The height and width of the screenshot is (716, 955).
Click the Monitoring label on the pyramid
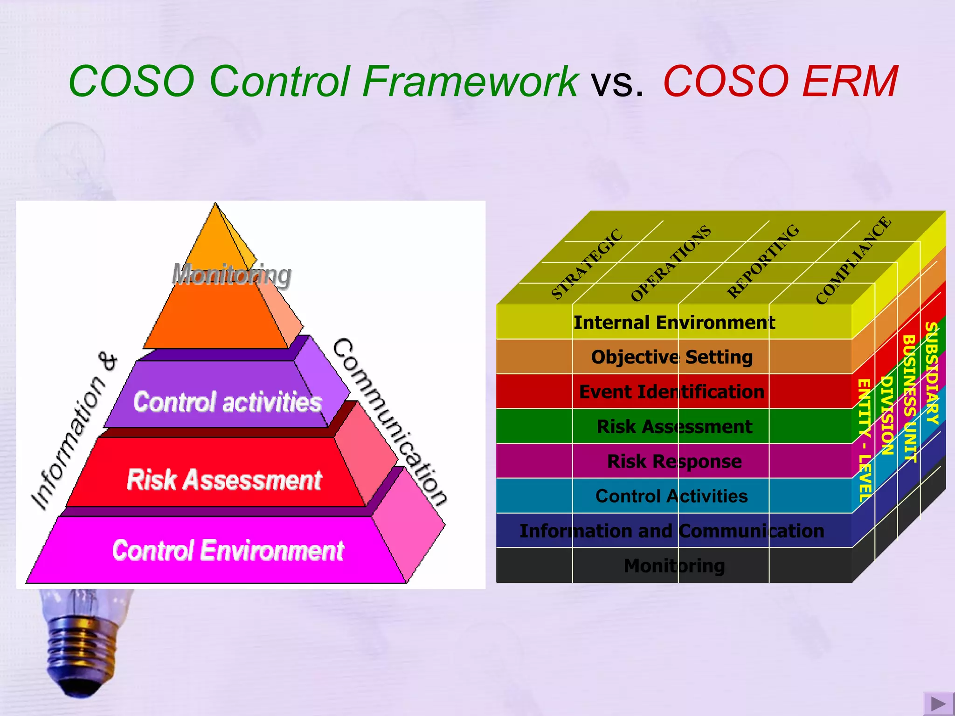click(x=232, y=275)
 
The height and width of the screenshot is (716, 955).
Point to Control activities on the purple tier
click(x=228, y=402)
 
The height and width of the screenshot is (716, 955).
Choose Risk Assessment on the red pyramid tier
click(x=224, y=480)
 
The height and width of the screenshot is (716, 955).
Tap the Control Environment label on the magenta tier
click(x=228, y=551)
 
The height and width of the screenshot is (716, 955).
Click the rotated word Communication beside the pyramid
click(x=390, y=422)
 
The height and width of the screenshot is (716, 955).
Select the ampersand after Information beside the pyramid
click(x=108, y=361)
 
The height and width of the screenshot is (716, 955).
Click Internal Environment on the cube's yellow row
click(x=674, y=323)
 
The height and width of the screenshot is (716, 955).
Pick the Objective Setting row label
click(x=672, y=357)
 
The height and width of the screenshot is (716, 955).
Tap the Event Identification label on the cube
click(x=672, y=392)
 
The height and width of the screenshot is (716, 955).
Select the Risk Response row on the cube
click(x=674, y=461)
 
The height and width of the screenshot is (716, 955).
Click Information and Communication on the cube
click(x=672, y=531)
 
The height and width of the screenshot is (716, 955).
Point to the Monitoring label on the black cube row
click(x=674, y=566)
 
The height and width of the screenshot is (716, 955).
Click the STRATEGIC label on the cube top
click(x=587, y=264)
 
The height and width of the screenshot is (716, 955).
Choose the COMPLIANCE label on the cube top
click(x=854, y=261)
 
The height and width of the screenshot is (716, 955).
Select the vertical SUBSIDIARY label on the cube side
click(x=931, y=373)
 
